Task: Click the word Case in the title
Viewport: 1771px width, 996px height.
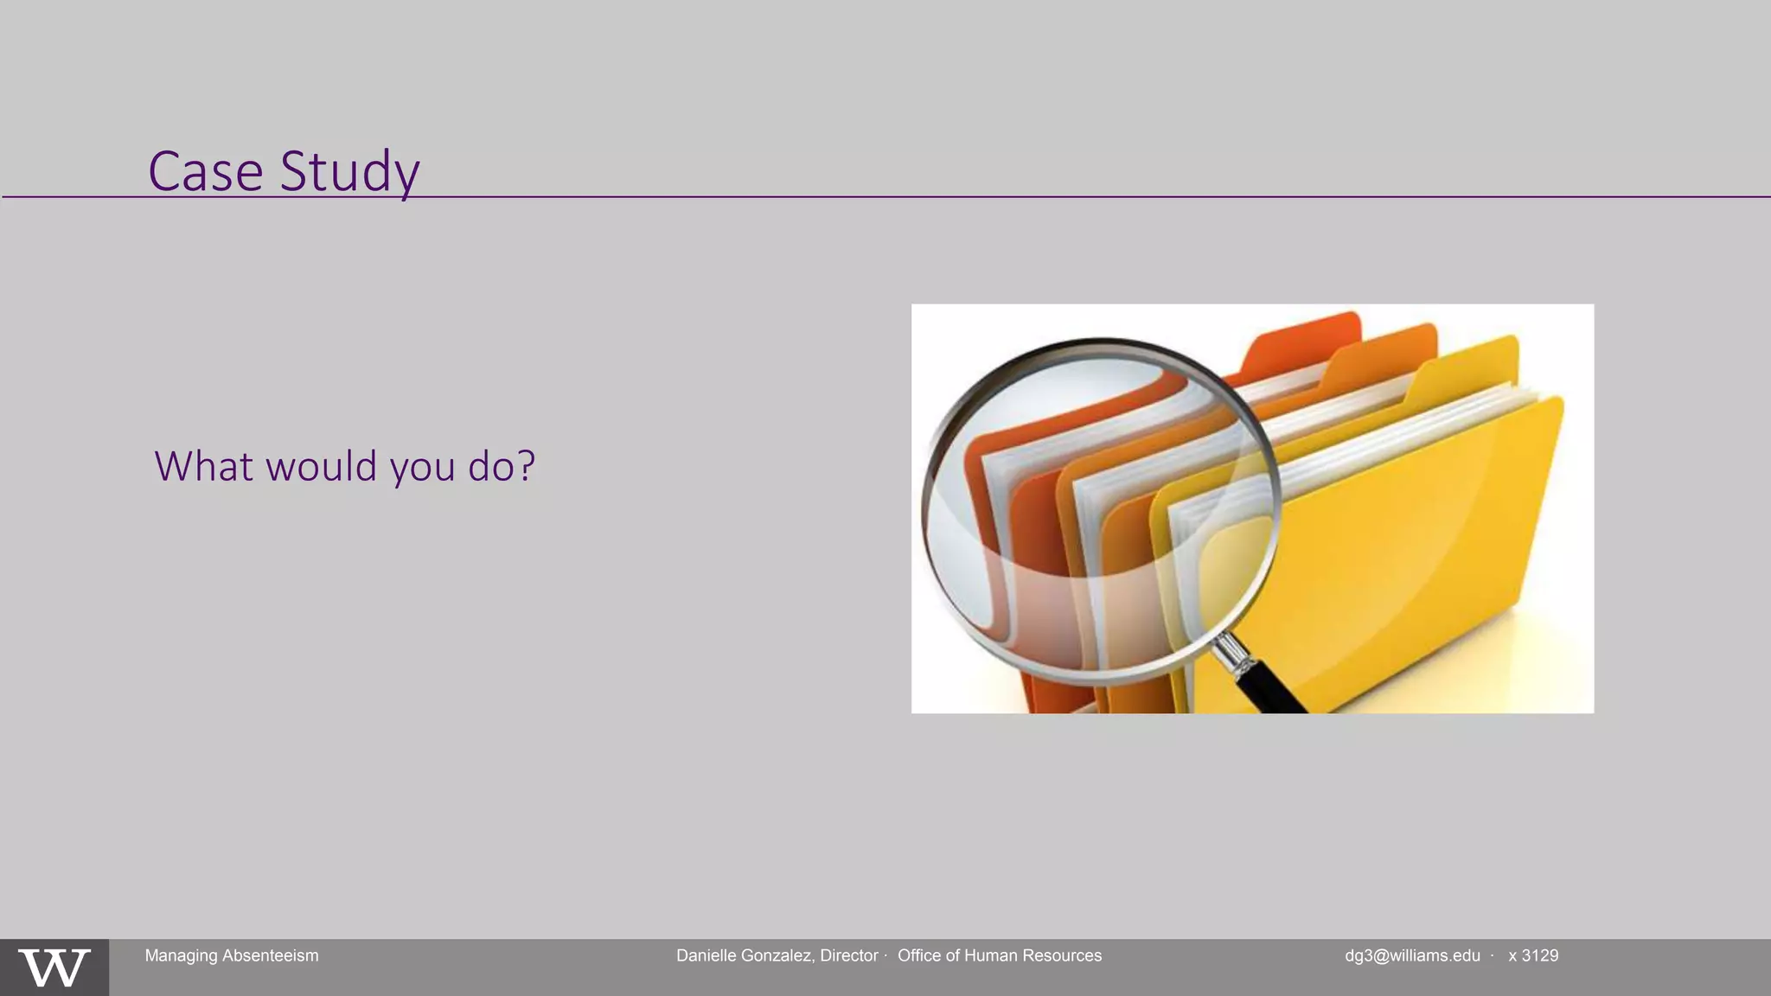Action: click(x=205, y=171)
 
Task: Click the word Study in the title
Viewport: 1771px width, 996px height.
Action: click(x=349, y=171)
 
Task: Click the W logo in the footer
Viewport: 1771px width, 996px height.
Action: click(x=54, y=967)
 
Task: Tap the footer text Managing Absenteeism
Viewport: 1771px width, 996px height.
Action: click(x=232, y=955)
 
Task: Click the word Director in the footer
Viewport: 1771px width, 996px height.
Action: click(x=849, y=955)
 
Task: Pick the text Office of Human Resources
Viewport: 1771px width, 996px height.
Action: click(x=1000, y=955)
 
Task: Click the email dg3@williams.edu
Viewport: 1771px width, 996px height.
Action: click(x=1412, y=955)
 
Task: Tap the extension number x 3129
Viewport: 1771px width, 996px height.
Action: click(x=1533, y=955)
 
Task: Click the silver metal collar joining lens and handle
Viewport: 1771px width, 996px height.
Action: click(x=1231, y=652)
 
